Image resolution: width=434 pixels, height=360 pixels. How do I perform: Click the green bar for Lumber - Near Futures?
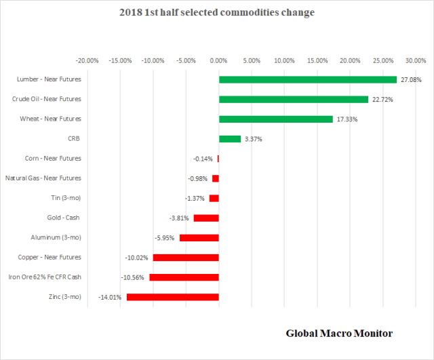[307, 79]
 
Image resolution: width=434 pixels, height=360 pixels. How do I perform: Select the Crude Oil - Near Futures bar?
[293, 99]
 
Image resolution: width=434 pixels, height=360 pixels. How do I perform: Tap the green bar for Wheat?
[275, 119]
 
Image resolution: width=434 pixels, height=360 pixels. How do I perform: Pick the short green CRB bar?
[229, 139]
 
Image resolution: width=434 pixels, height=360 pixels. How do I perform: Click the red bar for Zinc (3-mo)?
[172, 297]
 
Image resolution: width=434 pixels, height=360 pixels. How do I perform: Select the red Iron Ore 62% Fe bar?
[184, 277]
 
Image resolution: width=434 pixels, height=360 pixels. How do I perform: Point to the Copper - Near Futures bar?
[186, 258]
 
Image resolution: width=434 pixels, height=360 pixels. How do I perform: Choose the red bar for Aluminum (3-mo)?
[199, 238]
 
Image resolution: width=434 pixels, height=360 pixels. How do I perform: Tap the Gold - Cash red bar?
[206, 218]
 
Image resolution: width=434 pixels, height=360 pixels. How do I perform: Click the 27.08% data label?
[411, 80]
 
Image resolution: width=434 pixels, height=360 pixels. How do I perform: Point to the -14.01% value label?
[109, 298]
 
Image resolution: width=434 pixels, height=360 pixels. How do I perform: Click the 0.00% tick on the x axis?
[218, 60]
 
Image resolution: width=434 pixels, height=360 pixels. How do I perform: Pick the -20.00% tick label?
[87, 60]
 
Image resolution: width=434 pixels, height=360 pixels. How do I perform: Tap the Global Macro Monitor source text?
[338, 333]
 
